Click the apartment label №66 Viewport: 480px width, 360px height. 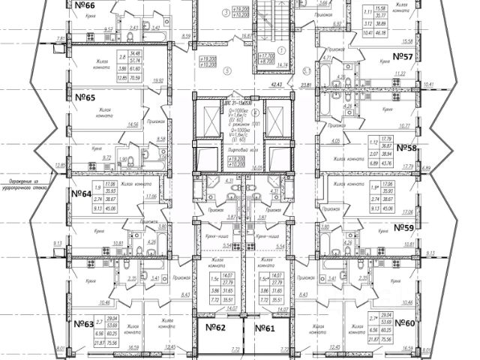click(x=89, y=6)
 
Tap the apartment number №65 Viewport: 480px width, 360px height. click(x=88, y=97)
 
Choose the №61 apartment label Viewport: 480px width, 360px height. click(x=265, y=328)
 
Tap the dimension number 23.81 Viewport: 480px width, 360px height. click(x=305, y=85)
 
